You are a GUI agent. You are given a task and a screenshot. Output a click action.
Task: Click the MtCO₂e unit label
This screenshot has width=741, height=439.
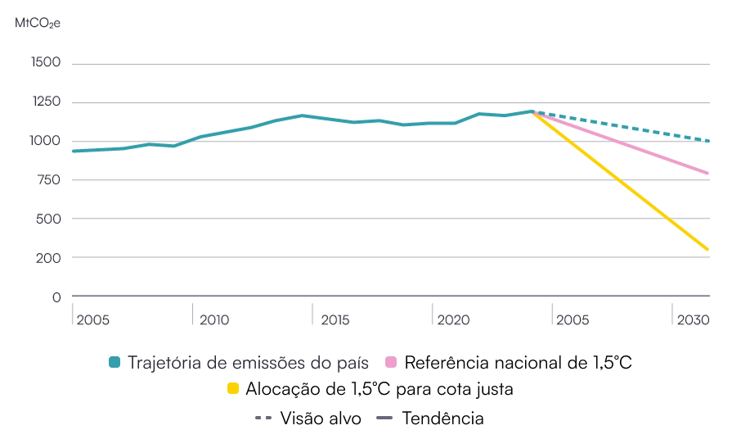[x=38, y=23]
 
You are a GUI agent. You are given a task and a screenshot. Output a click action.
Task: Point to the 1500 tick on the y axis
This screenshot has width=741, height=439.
[x=45, y=63]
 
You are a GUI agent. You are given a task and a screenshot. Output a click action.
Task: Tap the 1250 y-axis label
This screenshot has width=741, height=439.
[x=45, y=102]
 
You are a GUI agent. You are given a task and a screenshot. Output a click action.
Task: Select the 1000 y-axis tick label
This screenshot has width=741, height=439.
[x=45, y=141]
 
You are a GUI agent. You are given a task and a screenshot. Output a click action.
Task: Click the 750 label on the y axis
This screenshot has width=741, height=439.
[x=48, y=179]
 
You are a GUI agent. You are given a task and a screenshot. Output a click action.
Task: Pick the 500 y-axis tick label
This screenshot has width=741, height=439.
[x=48, y=219]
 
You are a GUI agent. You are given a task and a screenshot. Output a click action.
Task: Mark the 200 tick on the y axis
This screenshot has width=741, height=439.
[x=48, y=257]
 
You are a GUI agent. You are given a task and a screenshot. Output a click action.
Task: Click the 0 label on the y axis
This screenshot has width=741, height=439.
[x=56, y=296]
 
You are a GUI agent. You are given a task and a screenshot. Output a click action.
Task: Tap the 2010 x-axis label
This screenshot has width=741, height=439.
[x=214, y=319]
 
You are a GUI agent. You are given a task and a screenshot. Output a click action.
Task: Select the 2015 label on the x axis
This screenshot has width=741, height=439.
[x=335, y=319]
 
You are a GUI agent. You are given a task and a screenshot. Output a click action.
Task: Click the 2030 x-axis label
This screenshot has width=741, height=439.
[x=692, y=319]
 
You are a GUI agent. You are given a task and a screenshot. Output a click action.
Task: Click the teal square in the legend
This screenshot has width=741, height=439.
[x=115, y=362]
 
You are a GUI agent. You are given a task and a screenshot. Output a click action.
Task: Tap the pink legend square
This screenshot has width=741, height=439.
[x=391, y=362]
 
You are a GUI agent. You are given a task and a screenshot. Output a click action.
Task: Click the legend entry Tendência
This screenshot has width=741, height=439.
[x=442, y=418]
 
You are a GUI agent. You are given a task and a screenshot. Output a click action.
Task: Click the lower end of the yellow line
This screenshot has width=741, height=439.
[x=707, y=249]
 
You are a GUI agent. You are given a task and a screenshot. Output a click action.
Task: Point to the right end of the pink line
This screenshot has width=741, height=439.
[x=707, y=173]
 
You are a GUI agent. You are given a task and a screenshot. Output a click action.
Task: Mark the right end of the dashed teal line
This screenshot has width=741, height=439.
[x=707, y=141]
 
